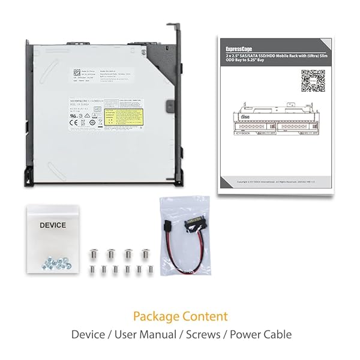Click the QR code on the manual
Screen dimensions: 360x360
312,80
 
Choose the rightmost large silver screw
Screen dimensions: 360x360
145,254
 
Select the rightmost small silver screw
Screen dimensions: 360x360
151,270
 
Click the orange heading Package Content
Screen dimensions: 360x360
180,316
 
